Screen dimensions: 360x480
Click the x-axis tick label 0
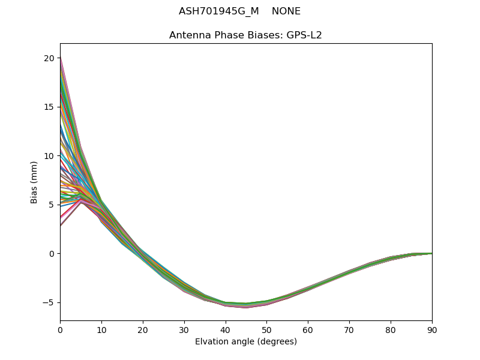(x=60, y=329)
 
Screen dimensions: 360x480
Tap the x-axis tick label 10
(x=101, y=329)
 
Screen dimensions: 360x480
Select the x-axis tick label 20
(x=143, y=329)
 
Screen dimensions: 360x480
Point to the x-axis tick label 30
(x=184, y=329)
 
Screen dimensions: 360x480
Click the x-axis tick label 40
(x=226, y=329)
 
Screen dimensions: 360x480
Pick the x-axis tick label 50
(x=266, y=329)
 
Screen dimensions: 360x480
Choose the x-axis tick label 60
(x=308, y=329)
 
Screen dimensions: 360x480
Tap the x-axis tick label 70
(x=349, y=329)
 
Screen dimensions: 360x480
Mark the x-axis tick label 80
(x=391, y=329)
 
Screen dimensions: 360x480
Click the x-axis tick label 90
(x=432, y=329)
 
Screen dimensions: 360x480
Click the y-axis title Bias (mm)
(x=34, y=182)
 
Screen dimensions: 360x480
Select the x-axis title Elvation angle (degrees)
(x=246, y=341)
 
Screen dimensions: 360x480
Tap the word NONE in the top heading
(x=286, y=11)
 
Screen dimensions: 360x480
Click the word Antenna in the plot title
(x=188, y=35)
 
